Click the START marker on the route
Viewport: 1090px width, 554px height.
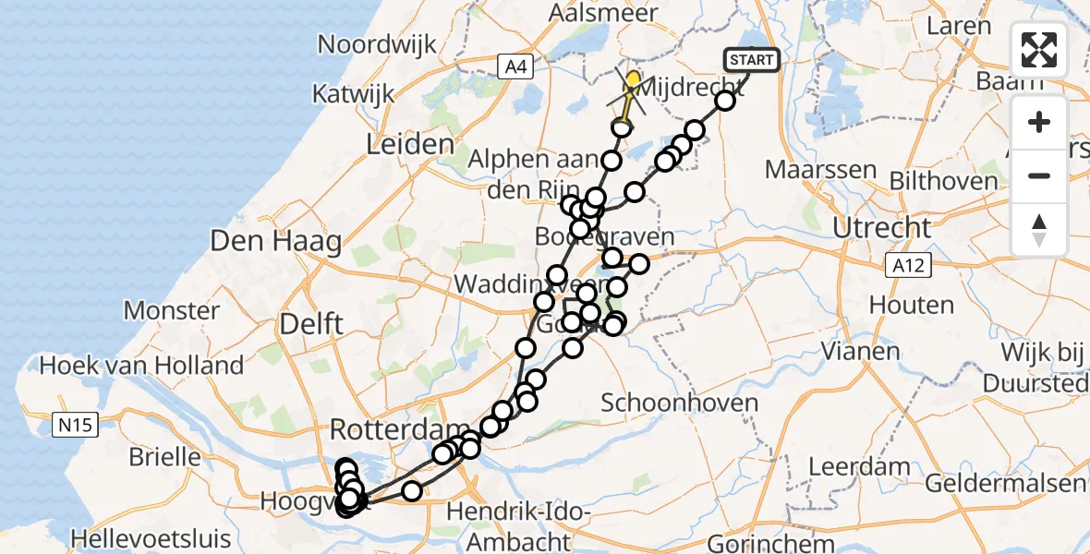tap(752, 61)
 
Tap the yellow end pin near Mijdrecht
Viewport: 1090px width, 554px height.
tap(633, 81)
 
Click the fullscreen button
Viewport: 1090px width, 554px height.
tap(1039, 50)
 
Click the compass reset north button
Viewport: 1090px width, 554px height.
tap(1039, 229)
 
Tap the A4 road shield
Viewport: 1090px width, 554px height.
tap(515, 66)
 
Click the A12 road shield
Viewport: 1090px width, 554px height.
tap(908, 266)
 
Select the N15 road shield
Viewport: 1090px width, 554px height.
tap(73, 426)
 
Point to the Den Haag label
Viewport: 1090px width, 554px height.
tap(276, 242)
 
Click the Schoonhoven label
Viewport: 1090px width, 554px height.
tap(679, 403)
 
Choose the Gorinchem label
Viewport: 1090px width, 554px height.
tap(757, 543)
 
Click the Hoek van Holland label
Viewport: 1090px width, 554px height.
tap(141, 366)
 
